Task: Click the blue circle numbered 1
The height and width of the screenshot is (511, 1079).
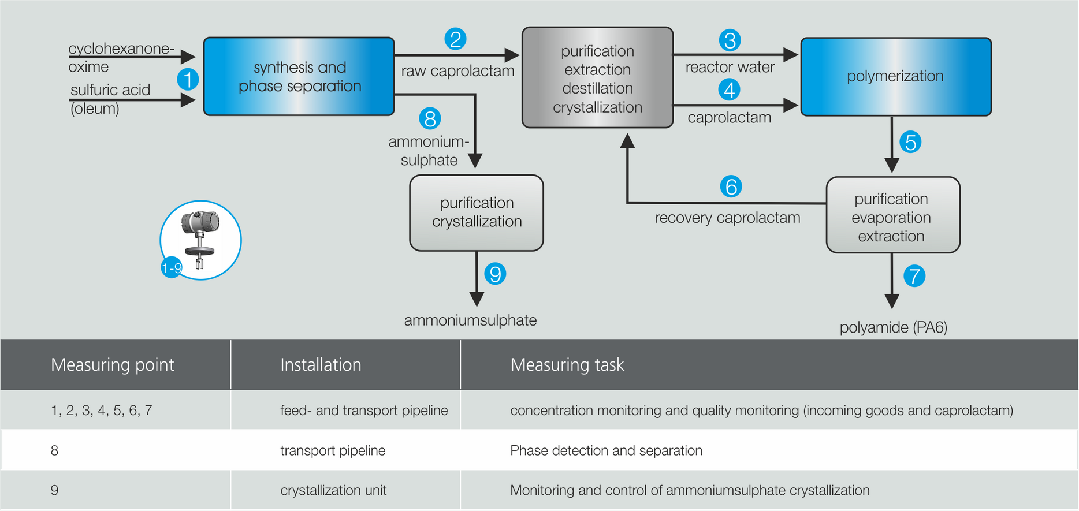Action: coord(188,79)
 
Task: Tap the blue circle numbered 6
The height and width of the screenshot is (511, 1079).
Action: coord(731,187)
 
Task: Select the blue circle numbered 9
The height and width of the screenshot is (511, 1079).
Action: coord(495,274)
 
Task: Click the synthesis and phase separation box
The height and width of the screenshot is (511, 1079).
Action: coord(299,77)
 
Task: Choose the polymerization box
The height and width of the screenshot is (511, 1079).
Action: coord(895,77)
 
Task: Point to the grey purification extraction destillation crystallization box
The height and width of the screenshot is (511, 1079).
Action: coord(597,78)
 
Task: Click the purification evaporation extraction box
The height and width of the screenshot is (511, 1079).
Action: coord(892,215)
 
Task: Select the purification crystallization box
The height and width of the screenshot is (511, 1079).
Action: coord(477,213)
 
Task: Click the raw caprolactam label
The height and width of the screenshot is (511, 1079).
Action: coord(457,71)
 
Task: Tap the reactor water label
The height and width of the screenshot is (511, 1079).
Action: coord(730,67)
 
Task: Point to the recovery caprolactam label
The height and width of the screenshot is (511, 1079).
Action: coord(727,218)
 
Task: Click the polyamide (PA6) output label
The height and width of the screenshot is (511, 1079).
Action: coord(893,327)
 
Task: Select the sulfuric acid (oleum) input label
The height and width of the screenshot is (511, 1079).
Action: coord(110,99)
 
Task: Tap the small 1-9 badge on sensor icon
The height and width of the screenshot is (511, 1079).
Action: coord(172,268)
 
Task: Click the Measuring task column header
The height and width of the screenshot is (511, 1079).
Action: coord(567,364)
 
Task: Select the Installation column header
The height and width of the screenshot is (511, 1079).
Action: coord(321,364)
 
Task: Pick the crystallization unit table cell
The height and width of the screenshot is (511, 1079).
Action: coord(333,490)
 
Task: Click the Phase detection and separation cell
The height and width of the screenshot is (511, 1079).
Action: coord(606,450)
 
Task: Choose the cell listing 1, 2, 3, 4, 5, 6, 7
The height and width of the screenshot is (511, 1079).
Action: coord(102,411)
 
